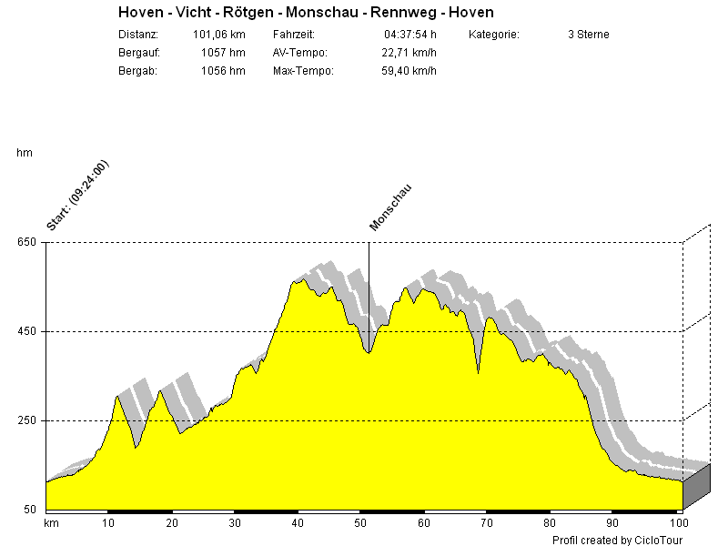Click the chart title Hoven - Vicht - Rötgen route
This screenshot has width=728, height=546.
coord(306,13)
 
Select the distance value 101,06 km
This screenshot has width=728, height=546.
coord(219,35)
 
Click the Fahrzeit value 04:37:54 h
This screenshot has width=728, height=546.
coord(410,35)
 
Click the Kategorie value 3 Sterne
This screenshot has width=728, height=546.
coord(588,35)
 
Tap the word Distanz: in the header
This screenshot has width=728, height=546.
coord(138,35)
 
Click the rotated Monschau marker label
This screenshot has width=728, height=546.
coord(390,208)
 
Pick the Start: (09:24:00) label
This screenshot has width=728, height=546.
coord(77,195)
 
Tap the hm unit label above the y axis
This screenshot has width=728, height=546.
coord(25,153)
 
